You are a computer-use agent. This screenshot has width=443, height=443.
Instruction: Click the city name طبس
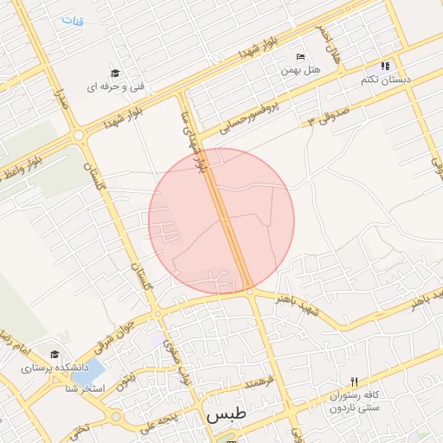click(226, 414)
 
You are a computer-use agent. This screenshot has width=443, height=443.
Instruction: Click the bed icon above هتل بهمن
click(300, 56)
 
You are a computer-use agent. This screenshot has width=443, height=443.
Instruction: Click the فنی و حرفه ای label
click(114, 87)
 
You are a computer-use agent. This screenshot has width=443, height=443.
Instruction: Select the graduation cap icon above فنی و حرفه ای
click(115, 74)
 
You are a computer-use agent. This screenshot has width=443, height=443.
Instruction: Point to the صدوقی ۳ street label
click(328, 112)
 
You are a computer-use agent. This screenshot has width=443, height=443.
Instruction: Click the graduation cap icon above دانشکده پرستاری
click(55, 355)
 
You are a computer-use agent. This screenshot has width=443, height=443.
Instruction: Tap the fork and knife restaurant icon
click(354, 382)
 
